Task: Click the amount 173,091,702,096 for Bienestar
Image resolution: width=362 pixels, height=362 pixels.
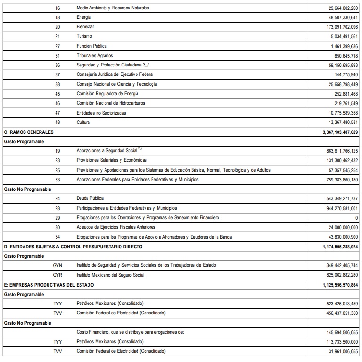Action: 335,27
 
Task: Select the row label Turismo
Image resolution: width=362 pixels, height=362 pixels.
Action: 84,36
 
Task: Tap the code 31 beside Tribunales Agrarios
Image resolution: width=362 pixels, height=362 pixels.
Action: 57,56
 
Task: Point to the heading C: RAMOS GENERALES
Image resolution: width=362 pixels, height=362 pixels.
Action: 28,132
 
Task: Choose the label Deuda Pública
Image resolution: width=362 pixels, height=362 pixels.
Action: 90,198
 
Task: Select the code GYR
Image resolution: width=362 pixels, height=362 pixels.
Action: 57,275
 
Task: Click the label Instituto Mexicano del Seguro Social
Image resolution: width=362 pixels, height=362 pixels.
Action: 111,275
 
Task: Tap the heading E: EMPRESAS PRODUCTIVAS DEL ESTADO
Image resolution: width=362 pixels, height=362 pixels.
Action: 48,285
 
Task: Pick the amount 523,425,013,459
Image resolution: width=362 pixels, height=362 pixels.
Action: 335,304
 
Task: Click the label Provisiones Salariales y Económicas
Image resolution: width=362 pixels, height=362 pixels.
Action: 112,160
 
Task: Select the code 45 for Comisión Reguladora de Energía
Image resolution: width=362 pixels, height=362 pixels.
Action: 57,94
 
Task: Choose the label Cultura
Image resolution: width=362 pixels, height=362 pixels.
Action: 83,123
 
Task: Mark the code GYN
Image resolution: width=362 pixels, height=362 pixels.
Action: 57,265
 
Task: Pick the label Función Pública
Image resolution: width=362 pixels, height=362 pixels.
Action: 91,46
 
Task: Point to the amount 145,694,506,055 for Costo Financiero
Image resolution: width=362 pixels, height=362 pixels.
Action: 335,332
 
